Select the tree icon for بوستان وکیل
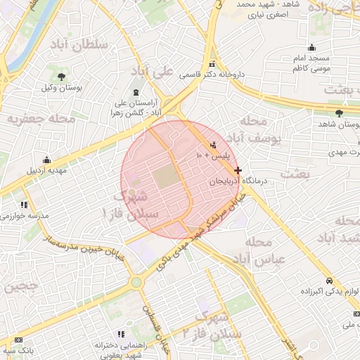(62, 76)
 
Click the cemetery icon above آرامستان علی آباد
(135, 93)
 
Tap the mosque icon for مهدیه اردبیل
(46, 160)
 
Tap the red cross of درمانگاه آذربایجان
(238, 170)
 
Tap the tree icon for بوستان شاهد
(339, 112)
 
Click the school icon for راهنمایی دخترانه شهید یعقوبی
(120, 334)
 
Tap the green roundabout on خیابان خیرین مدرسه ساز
(136, 282)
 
